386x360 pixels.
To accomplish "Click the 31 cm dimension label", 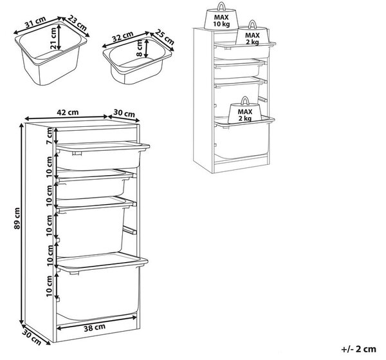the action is [x=35, y=22].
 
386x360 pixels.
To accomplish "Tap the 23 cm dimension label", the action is [x=77, y=23].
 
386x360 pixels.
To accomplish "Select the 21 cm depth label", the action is [x=53, y=38].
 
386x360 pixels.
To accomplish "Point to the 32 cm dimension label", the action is [x=123, y=37].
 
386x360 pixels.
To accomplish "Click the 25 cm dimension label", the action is [x=165, y=37].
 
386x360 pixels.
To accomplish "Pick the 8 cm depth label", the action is [x=140, y=48].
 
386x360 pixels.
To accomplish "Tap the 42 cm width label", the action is [x=68, y=112].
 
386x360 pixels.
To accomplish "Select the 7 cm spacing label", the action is [x=50, y=137].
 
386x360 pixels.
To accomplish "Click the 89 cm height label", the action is [x=17, y=218].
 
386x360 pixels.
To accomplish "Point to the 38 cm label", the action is [x=95, y=328].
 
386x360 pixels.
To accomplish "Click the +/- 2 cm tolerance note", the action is [x=359, y=349].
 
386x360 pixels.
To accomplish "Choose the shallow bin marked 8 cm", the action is [x=137, y=61].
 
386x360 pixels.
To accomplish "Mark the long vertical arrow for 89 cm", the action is [x=22, y=223].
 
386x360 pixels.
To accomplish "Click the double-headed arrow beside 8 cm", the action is [x=146, y=49].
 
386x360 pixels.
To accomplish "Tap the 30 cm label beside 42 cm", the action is [x=124, y=113].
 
